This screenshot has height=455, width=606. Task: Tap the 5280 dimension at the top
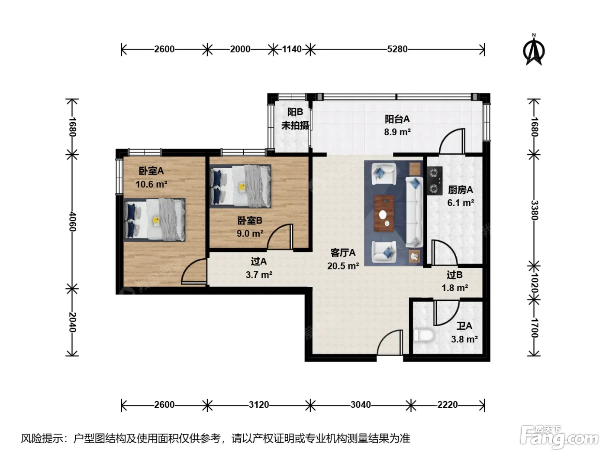(x=397, y=49)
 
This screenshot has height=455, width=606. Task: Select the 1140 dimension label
(x=292, y=49)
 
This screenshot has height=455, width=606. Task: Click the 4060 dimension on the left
(x=72, y=221)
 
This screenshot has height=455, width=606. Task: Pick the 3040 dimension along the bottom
(x=361, y=405)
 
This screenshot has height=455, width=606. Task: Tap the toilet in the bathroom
(x=424, y=335)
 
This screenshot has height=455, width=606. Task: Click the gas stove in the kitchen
(x=435, y=181)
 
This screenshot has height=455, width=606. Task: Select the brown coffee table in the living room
(x=384, y=213)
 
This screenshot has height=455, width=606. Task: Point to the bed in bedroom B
(x=241, y=186)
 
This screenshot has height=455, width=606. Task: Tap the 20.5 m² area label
(x=343, y=266)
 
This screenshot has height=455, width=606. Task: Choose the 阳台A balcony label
(x=397, y=119)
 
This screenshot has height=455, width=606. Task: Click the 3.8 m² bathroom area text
(x=464, y=339)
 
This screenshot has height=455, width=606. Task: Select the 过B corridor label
(x=455, y=275)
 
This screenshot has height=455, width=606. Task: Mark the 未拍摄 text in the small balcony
(x=295, y=125)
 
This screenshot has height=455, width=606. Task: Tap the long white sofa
(x=414, y=212)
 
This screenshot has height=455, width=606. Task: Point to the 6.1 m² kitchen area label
(x=461, y=203)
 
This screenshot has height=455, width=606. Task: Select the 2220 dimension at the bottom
(x=448, y=405)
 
